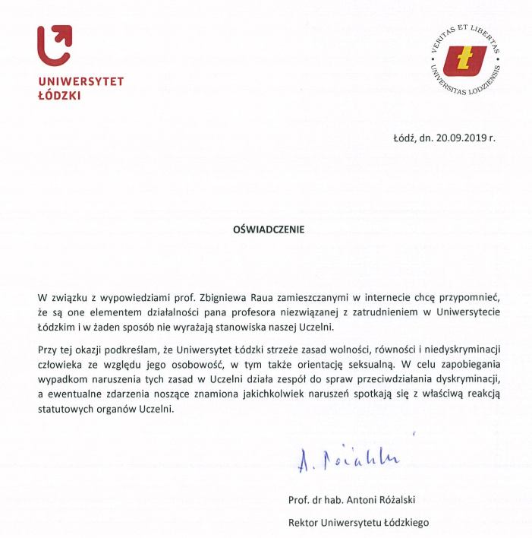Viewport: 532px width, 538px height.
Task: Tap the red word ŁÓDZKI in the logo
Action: (59, 96)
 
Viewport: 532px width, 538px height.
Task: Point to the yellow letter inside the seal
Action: (464, 60)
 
